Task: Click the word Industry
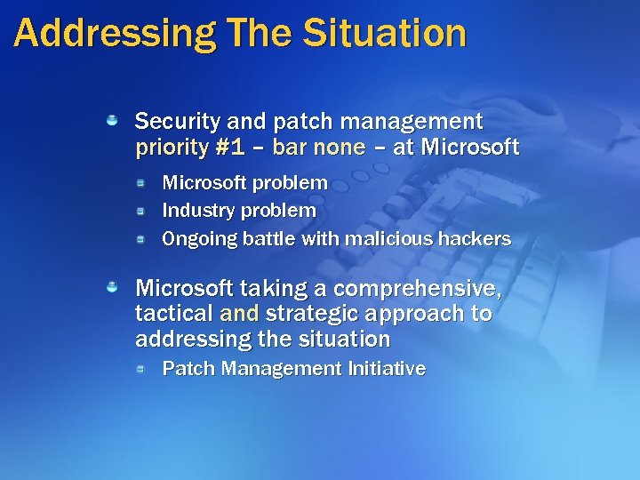pyautogui.click(x=194, y=211)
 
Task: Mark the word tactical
pyautogui.click(x=173, y=314)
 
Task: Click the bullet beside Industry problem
pyautogui.click(x=141, y=211)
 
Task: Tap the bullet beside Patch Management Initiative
pyautogui.click(x=141, y=368)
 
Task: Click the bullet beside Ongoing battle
pyautogui.click(x=141, y=239)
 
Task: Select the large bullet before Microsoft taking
pyautogui.click(x=113, y=288)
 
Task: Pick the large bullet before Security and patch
pyautogui.click(x=113, y=120)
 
